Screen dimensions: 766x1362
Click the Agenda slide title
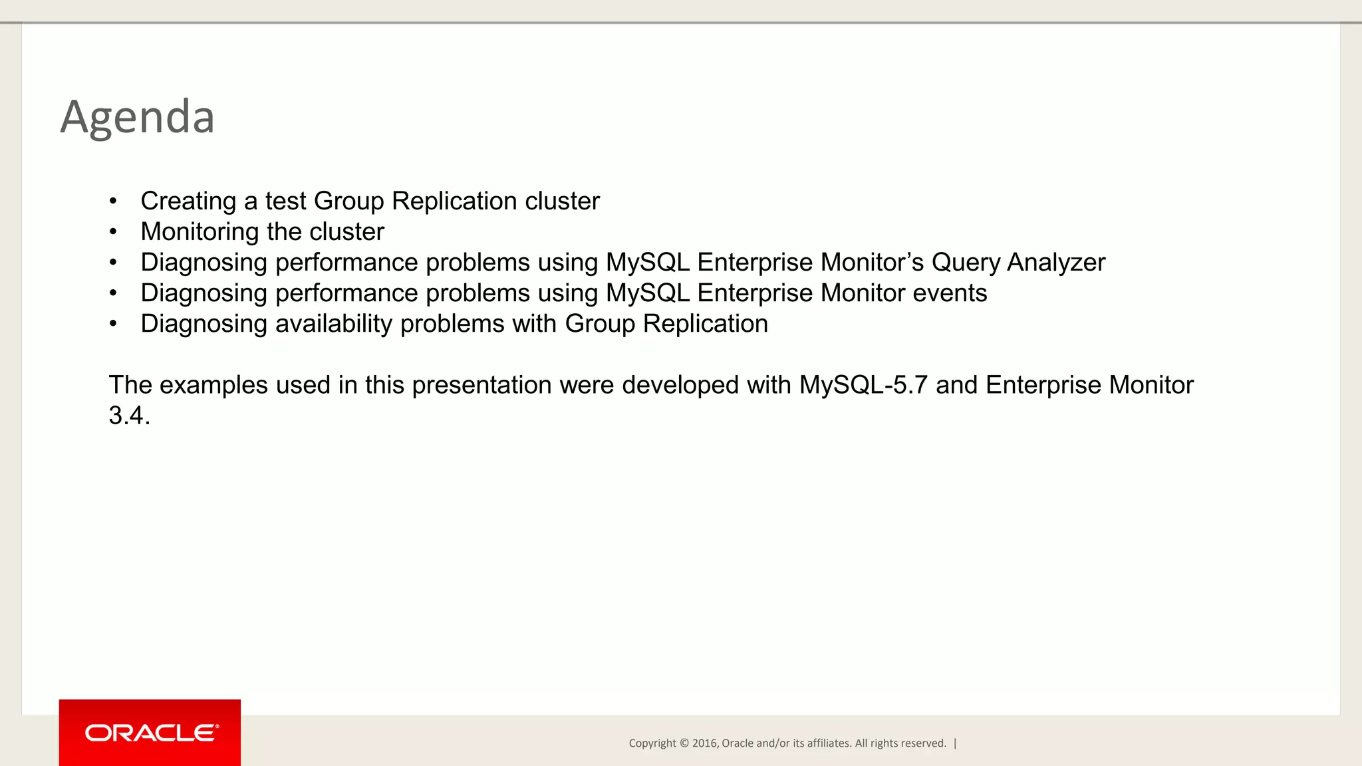click(x=137, y=117)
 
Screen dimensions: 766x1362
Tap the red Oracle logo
click(x=150, y=733)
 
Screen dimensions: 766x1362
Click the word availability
click(x=334, y=324)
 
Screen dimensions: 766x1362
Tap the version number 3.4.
click(x=129, y=416)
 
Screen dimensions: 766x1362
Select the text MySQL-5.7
click(x=863, y=385)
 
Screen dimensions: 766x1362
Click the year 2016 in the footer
click(x=704, y=743)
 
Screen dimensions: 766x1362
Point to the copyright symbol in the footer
click(x=684, y=743)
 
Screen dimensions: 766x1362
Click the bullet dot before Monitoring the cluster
click(x=114, y=232)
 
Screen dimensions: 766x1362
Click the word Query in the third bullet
click(x=965, y=263)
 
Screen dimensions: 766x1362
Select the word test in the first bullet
click(x=285, y=201)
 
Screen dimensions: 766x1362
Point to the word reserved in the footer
click(x=924, y=743)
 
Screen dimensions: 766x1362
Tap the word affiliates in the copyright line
click(x=828, y=743)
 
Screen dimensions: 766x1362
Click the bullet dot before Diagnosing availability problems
click(x=114, y=324)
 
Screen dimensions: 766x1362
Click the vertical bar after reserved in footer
click(x=955, y=743)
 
